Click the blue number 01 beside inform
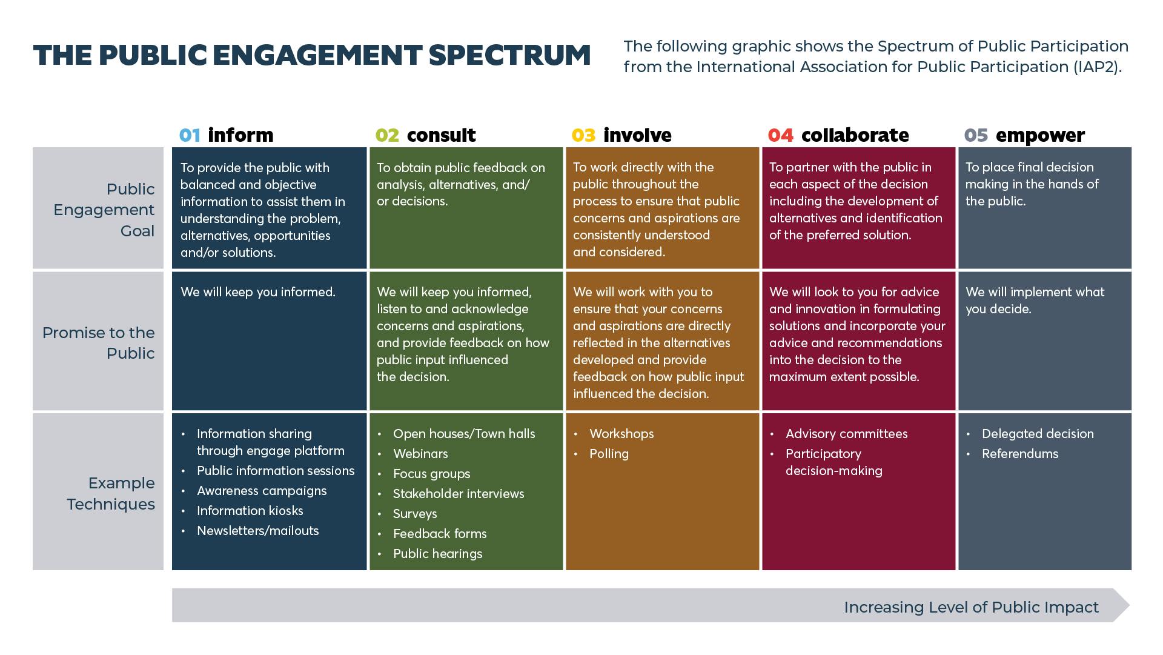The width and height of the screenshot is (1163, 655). pyautogui.click(x=190, y=135)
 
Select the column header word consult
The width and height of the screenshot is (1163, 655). pyautogui.click(x=441, y=135)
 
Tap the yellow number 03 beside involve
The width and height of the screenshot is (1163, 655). pyautogui.click(x=583, y=135)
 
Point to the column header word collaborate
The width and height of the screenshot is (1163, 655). pyautogui.click(x=855, y=135)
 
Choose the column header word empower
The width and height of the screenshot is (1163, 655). pyautogui.click(x=1039, y=135)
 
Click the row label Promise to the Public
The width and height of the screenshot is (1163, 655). pyautogui.click(x=99, y=343)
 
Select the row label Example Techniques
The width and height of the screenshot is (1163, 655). pyautogui.click(x=111, y=493)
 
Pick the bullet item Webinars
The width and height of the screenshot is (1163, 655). pyautogui.click(x=420, y=454)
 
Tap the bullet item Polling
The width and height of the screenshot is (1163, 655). pyautogui.click(x=609, y=454)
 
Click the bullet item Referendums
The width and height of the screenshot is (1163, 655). pyautogui.click(x=1019, y=454)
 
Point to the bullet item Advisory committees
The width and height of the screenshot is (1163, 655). pyautogui.click(x=846, y=434)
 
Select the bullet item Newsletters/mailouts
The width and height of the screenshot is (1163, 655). pyautogui.click(x=257, y=531)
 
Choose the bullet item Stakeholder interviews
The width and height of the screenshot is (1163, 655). pyautogui.click(x=459, y=494)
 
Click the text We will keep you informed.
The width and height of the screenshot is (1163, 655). pyautogui.click(x=258, y=292)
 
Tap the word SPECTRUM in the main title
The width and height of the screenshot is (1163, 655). pyautogui.click(x=509, y=55)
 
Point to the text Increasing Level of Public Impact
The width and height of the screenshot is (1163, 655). pyautogui.click(x=971, y=607)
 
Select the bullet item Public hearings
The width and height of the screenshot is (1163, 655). pyautogui.click(x=437, y=554)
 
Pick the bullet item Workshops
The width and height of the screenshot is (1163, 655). pyautogui.click(x=621, y=434)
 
